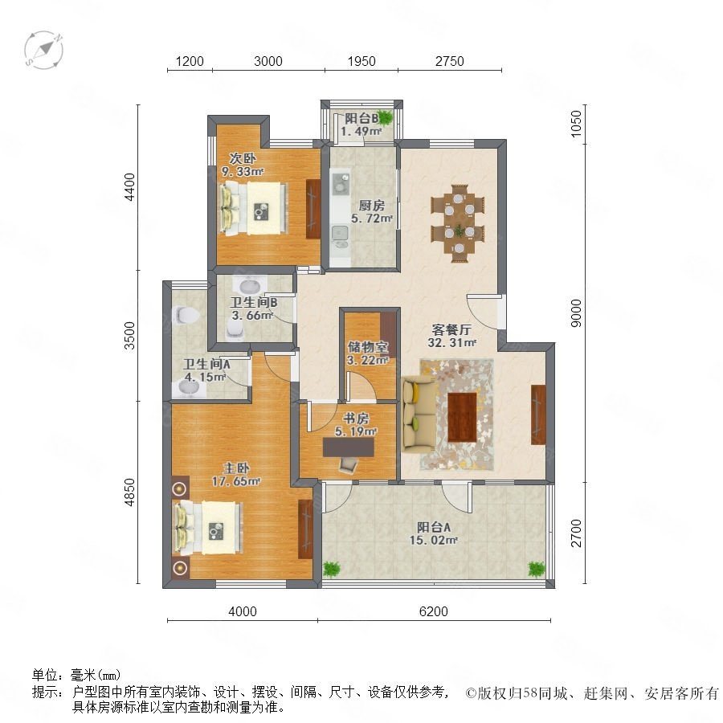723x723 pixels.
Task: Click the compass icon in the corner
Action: [44, 51]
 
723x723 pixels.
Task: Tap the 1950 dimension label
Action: [361, 61]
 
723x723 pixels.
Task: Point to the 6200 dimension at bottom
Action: [434, 611]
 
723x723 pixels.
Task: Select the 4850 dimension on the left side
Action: [130, 492]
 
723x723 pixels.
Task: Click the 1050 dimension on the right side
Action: [576, 124]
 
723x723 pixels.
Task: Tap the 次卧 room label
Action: [243, 158]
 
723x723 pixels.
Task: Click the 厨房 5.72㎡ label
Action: [372, 211]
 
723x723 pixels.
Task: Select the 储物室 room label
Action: [367, 346]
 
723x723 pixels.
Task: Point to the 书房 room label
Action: [356, 419]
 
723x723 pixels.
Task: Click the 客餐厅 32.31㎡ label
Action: [451, 336]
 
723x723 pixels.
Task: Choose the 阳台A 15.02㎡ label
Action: [434, 533]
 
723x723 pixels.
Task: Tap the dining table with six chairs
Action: [458, 223]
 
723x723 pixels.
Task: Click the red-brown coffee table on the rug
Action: [462, 417]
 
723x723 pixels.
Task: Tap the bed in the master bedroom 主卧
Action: [207, 528]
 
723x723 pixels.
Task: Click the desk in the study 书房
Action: [348, 447]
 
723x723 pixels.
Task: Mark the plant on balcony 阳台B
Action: [386, 118]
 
